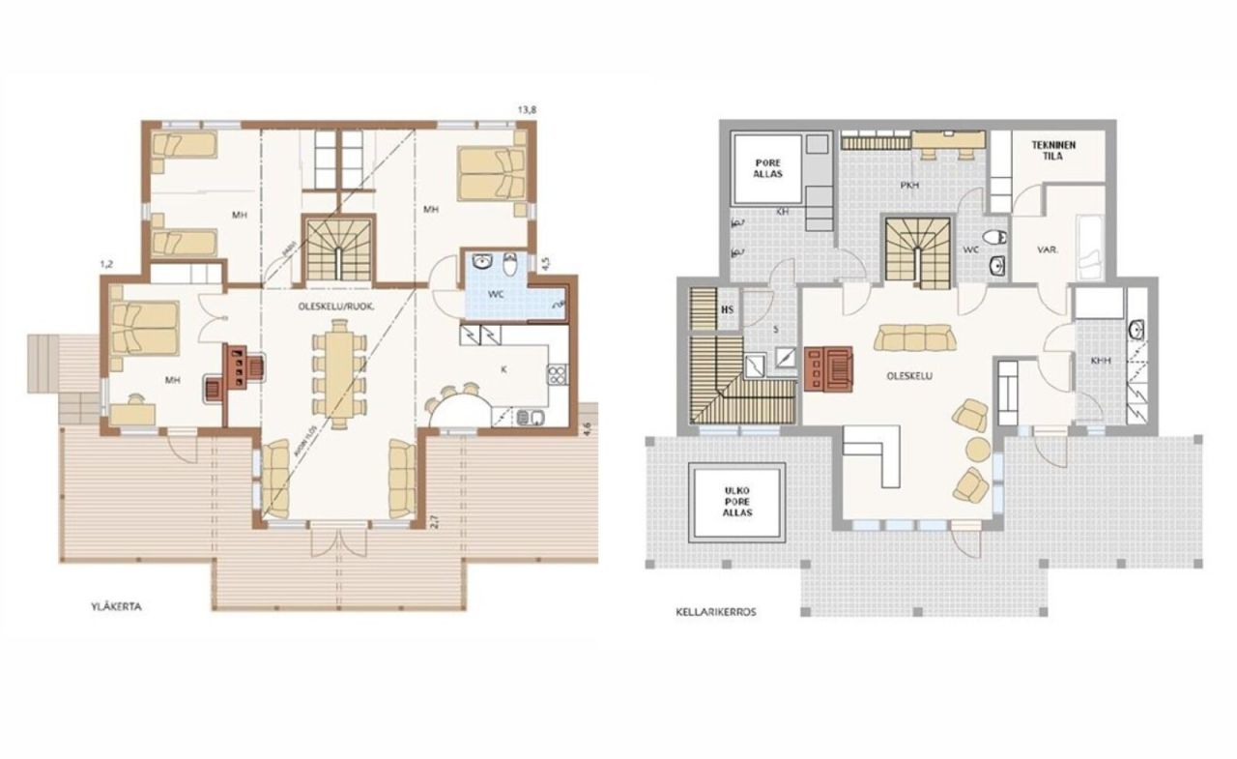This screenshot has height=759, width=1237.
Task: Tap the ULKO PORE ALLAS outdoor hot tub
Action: [736, 501]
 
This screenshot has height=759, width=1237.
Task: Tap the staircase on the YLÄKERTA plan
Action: [338, 248]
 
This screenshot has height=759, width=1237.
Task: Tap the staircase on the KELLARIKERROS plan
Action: [918, 248]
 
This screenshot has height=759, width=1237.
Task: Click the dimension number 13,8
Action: [527, 111]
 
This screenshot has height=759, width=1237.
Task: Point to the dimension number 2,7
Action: [435, 521]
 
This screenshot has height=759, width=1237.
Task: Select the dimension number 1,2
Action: [106, 263]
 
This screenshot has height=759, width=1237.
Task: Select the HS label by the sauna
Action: [729, 309]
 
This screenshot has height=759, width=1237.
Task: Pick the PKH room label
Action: [909, 184]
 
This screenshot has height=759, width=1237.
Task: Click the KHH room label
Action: [1100, 360]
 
